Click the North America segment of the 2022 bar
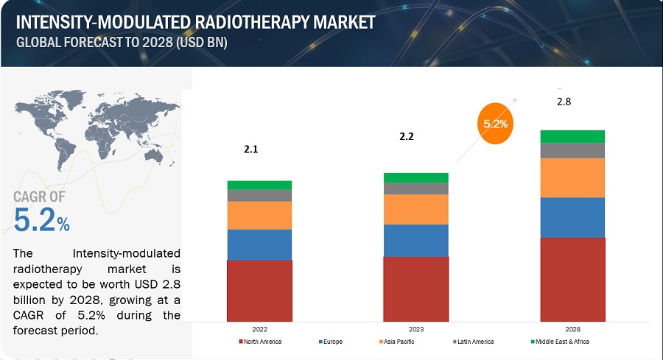point(259,291)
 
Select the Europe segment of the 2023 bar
point(415,240)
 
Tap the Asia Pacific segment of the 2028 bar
point(572,177)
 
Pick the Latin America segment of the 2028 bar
point(572,150)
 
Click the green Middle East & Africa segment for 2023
point(415,177)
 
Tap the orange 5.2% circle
point(495,124)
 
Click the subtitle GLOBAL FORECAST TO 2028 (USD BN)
point(122,42)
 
